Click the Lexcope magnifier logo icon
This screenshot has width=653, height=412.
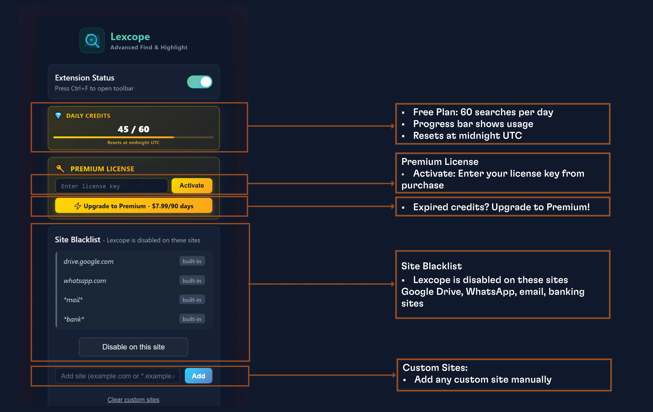92,40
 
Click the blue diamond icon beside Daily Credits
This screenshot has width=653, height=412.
58,116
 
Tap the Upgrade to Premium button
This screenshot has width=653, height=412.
134,206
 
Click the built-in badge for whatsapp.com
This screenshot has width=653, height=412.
192,280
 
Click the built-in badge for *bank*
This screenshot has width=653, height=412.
192,319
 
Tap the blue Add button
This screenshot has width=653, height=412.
198,376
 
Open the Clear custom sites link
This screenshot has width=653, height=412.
133,400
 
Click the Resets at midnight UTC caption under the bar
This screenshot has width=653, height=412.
133,143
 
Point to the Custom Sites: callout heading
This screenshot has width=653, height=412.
435,368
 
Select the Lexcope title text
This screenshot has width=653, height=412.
130,37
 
